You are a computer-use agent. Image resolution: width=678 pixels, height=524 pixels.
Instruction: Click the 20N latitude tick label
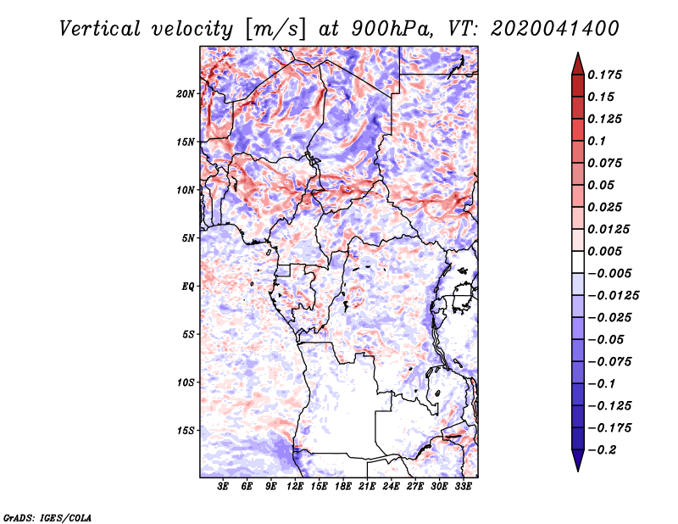(x=186, y=93)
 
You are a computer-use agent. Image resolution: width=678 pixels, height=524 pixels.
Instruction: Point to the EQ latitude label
(x=188, y=287)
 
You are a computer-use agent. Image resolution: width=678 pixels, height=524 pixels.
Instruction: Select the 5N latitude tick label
(x=188, y=238)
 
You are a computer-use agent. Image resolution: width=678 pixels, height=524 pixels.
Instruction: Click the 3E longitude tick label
(x=223, y=486)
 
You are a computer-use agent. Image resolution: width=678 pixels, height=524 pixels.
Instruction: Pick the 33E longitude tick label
(x=463, y=486)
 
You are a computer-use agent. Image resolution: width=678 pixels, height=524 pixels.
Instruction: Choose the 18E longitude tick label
(x=343, y=486)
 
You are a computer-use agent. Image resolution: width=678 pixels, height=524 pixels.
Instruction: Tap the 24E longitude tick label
(x=391, y=486)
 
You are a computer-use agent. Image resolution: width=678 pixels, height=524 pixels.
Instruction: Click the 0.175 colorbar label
(x=604, y=75)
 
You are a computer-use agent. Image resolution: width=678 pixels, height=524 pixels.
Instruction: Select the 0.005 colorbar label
(x=604, y=251)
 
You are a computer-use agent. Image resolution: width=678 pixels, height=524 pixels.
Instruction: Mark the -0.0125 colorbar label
(x=613, y=296)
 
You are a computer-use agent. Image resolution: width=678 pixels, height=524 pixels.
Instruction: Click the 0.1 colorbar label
(x=597, y=141)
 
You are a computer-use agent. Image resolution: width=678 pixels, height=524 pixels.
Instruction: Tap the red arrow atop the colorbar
(x=578, y=64)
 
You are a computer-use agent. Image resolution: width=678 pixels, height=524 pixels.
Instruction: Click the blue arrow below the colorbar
(x=578, y=460)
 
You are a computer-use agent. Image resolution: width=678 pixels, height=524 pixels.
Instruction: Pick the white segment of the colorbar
(x=578, y=262)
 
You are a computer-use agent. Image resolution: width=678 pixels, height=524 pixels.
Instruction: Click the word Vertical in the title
(x=99, y=29)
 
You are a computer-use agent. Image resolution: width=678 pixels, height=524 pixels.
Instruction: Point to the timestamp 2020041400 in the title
(x=555, y=29)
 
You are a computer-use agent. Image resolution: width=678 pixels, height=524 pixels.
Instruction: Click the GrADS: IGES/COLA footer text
(x=47, y=517)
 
